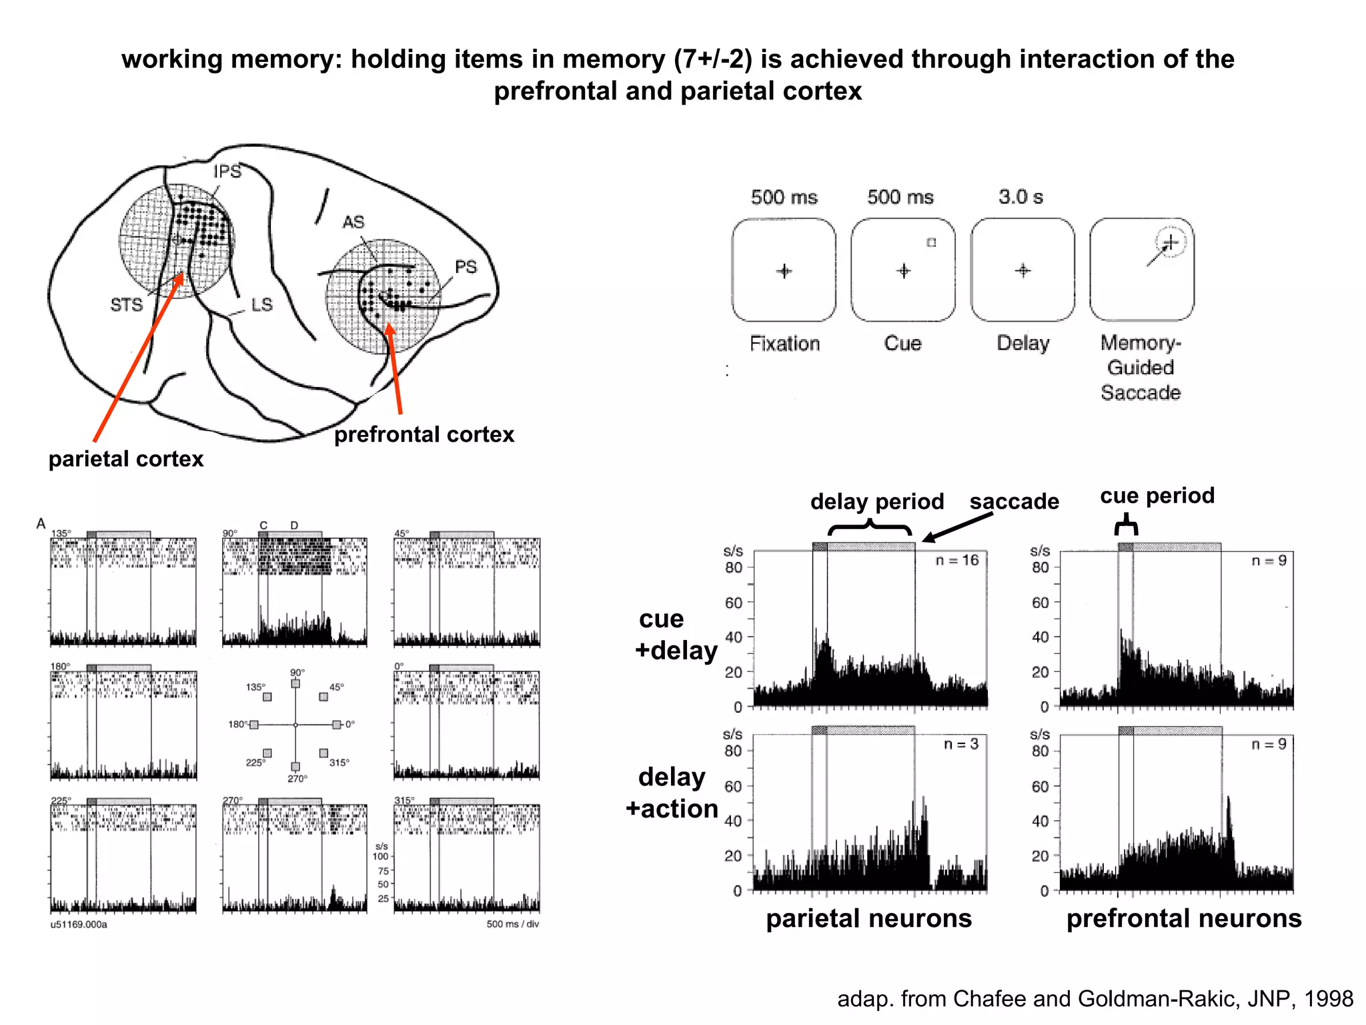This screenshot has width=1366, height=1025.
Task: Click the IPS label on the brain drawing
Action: click(227, 172)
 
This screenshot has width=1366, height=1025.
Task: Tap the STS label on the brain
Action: click(126, 305)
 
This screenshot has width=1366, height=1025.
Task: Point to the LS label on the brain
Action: click(261, 305)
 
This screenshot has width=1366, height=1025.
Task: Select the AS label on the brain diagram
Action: click(354, 222)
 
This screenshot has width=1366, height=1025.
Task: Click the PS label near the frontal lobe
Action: click(466, 267)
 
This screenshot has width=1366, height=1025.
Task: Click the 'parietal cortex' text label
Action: click(125, 459)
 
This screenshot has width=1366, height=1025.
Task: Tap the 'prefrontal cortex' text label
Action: click(424, 434)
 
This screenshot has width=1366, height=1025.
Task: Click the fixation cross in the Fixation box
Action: click(784, 271)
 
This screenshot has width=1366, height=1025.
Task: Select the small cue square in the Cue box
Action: click(931, 243)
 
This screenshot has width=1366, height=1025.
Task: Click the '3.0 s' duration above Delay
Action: click(1020, 197)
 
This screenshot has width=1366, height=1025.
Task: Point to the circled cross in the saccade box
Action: click(1171, 242)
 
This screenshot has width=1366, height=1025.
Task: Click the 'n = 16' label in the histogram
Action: click(956, 561)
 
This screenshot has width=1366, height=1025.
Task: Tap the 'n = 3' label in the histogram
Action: click(960, 744)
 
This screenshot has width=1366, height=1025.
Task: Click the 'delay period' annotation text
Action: click(876, 501)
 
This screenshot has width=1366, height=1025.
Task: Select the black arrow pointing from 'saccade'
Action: click(957, 527)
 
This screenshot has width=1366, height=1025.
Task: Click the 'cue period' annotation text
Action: click(1157, 495)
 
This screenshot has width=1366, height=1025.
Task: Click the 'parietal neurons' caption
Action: click(868, 918)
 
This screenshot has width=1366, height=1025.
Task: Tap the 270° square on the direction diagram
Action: click(295, 767)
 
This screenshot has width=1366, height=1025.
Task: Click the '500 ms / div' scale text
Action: click(512, 924)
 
